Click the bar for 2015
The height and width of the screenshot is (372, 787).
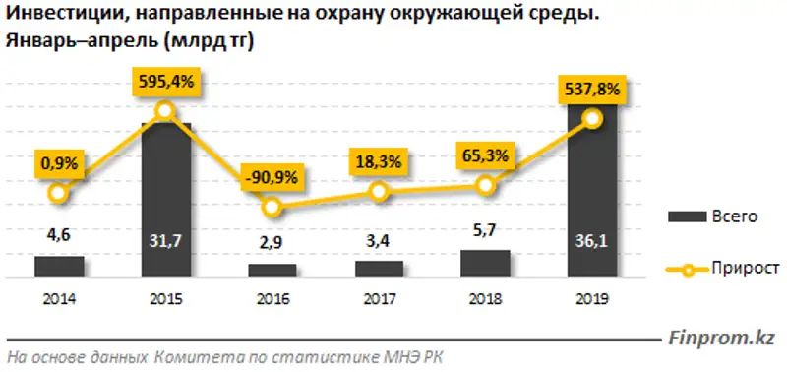click(x=165, y=197)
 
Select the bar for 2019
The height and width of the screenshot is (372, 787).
click(x=592, y=197)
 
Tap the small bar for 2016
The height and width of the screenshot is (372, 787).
click(x=272, y=269)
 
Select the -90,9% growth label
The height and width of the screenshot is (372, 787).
click(x=272, y=179)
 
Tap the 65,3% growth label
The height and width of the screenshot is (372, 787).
click(x=486, y=155)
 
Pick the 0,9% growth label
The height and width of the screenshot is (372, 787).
click(x=60, y=160)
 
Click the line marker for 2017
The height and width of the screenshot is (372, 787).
click(x=380, y=193)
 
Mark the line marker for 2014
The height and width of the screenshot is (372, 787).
click(x=59, y=193)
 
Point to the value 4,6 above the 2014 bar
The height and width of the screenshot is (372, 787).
click(x=59, y=236)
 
